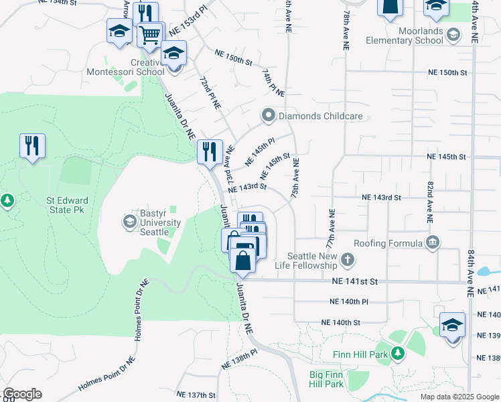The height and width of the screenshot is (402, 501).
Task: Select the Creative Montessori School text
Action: (x=125, y=68)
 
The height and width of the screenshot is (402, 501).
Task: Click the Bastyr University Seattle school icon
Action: (x=129, y=220)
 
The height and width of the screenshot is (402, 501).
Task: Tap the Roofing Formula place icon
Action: (x=433, y=242)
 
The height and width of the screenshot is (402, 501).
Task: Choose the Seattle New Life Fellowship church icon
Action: (x=347, y=259)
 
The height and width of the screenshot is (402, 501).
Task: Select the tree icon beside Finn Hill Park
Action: (x=398, y=353)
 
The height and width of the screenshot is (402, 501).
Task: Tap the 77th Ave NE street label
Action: (x=332, y=228)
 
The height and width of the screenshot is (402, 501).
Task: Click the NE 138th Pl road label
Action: (x=239, y=360)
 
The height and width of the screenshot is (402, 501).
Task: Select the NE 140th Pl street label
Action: (x=350, y=301)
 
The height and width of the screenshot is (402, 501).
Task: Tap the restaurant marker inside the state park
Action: (x=32, y=145)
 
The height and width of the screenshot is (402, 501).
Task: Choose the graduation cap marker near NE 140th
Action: (x=453, y=326)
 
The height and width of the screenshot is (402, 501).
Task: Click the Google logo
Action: (x=22, y=394)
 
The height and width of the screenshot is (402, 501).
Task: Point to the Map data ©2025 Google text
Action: (x=459, y=397)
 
